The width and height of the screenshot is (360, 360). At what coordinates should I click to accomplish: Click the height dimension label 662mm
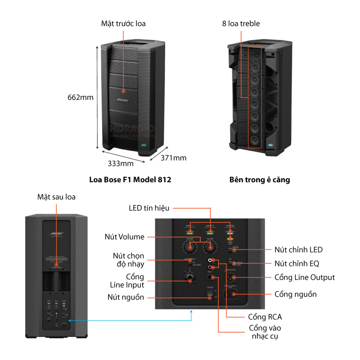(x=81, y=97)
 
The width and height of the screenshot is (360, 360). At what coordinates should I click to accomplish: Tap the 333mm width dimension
(x=120, y=163)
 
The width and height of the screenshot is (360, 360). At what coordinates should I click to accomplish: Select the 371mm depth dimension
(x=173, y=157)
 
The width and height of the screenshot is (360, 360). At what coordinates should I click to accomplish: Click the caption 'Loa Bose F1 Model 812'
(x=130, y=180)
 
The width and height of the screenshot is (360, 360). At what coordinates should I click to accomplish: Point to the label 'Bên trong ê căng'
(x=260, y=180)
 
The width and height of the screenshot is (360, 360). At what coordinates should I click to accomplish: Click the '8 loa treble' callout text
(x=241, y=23)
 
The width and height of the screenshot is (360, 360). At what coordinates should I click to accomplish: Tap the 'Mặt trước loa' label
(x=123, y=23)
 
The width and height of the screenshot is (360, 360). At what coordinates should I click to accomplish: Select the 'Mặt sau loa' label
(x=56, y=197)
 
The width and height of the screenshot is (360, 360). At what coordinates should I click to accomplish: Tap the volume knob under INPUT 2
(x=209, y=247)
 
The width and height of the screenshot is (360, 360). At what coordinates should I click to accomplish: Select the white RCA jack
(x=210, y=261)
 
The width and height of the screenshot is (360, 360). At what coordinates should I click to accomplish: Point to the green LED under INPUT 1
(x=189, y=233)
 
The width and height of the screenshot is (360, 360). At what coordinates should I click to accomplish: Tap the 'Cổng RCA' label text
(x=265, y=317)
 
